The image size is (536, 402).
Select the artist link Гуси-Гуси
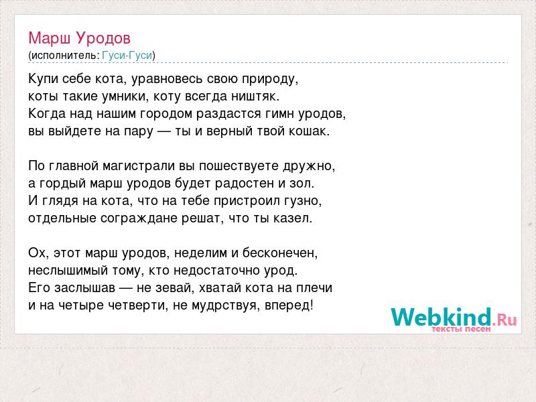click(127, 56)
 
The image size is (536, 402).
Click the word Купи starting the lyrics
click(43, 79)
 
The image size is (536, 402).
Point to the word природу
click(270, 79)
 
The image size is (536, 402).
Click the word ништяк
click(255, 96)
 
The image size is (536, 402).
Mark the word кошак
click(310, 131)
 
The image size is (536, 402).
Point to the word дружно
click(309, 166)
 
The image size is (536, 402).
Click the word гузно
click(303, 201)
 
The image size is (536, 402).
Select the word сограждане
click(139, 218)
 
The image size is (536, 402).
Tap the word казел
click(293, 218)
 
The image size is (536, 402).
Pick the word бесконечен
click(280, 253)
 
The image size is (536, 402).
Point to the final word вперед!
click(289, 306)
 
